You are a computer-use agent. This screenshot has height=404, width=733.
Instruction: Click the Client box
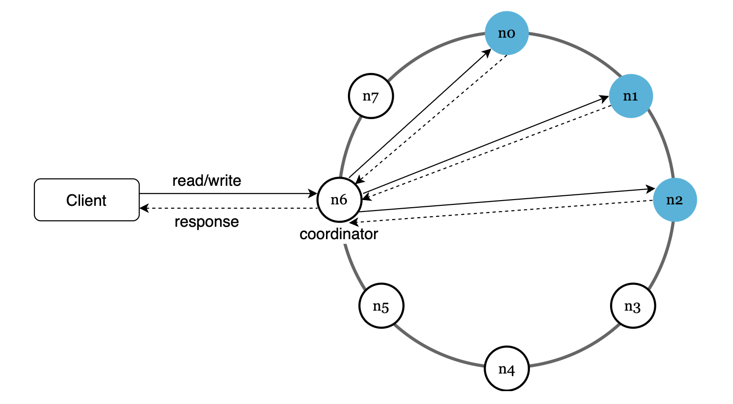point(87,200)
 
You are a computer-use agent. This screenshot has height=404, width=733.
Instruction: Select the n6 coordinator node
point(339,200)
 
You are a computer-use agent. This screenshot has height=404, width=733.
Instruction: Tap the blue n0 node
point(506,33)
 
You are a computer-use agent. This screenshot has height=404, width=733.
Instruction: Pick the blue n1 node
point(631,96)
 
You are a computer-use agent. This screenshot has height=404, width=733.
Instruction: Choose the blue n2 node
point(674,200)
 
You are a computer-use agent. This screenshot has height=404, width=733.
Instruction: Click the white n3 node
point(632,306)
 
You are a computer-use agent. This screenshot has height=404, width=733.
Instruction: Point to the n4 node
point(506,369)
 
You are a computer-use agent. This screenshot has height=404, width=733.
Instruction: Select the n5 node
point(381,306)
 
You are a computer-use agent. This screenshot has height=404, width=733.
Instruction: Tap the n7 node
point(370,96)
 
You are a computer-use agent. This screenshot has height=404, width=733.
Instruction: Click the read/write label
point(206,181)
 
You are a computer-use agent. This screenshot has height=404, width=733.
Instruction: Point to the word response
point(206,222)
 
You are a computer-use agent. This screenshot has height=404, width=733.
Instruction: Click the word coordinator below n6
point(338,234)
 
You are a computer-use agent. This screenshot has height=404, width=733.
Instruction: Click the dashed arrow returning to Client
point(229,208)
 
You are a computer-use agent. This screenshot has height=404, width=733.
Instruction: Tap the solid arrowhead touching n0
point(487,53)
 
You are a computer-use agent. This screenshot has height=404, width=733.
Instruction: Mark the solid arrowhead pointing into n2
point(650,189)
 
